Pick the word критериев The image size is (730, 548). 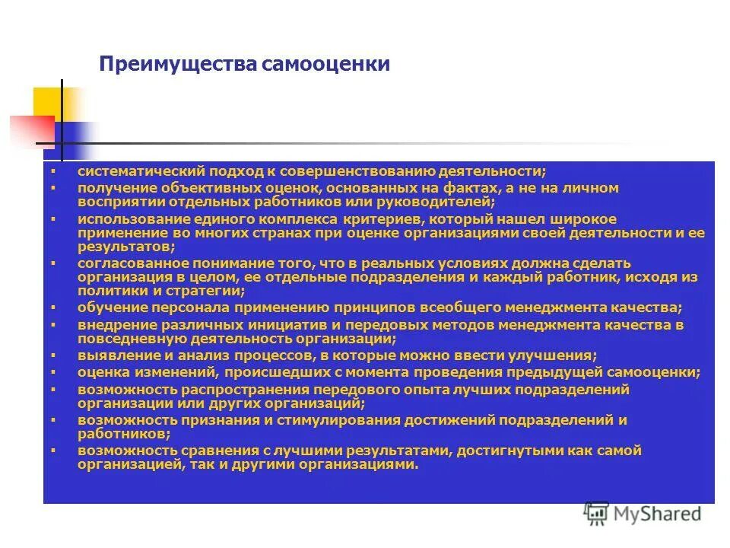373,218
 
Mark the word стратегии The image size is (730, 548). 208,292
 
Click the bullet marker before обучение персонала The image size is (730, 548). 53,307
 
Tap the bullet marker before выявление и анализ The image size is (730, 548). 53,355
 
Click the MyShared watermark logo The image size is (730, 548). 643,514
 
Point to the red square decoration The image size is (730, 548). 30,129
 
